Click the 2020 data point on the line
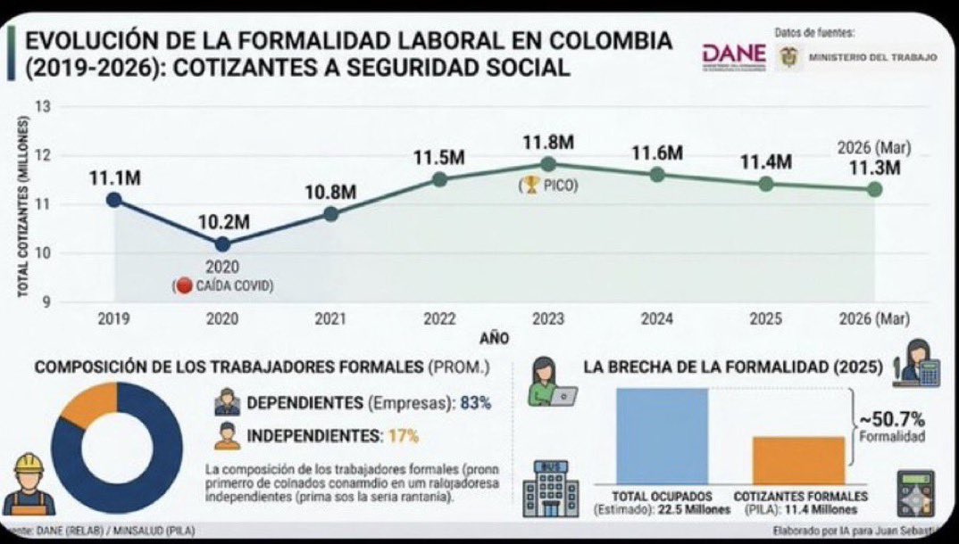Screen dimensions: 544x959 (222, 243)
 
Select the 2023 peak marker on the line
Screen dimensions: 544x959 (548, 164)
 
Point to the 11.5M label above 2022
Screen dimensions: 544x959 (438, 158)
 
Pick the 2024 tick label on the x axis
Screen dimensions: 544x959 (657, 318)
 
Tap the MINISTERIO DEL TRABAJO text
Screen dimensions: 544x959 (872, 57)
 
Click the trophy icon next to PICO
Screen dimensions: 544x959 (531, 186)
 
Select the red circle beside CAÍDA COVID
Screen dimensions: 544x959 (185, 285)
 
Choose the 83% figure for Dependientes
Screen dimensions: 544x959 (476, 403)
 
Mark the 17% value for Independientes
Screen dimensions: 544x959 (403, 437)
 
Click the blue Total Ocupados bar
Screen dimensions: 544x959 (662, 436)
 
